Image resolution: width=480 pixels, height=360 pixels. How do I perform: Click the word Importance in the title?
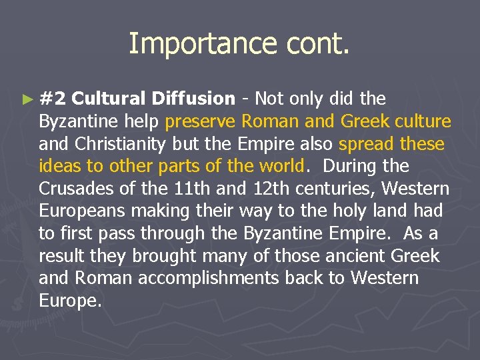[x=185, y=44]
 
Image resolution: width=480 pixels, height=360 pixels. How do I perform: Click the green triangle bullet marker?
[x=27, y=99]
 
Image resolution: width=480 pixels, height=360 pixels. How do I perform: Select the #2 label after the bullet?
[x=53, y=99]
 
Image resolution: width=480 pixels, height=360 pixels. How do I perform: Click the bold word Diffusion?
[x=193, y=99]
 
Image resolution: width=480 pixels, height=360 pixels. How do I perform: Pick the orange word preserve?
[x=201, y=121]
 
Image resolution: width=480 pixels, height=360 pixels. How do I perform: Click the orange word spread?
[x=366, y=144]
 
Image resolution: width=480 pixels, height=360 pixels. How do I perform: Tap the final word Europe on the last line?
[x=70, y=301]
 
